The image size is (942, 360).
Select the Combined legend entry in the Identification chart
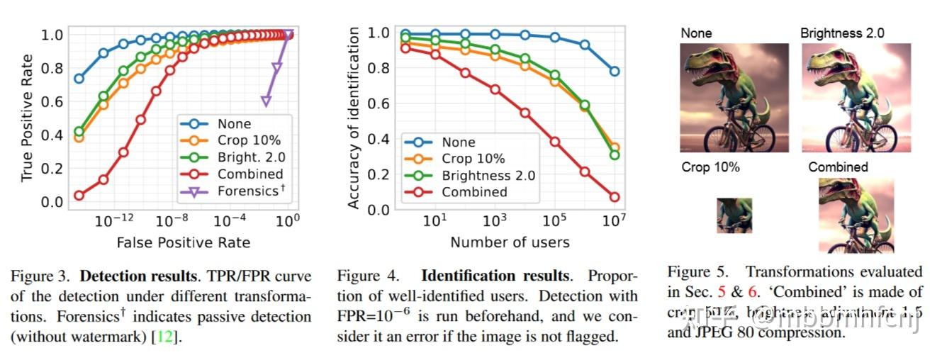[x=474, y=192]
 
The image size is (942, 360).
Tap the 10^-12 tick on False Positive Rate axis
[x=114, y=220]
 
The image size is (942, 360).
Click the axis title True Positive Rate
[x=27, y=118]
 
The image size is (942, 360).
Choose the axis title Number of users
[x=510, y=242]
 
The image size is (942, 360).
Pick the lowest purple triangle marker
[x=266, y=101]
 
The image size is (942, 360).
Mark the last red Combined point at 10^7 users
[x=615, y=197]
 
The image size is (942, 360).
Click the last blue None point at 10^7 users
[x=615, y=71]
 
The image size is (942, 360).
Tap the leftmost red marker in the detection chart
[x=79, y=196]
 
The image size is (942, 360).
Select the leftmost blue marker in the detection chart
[x=79, y=79]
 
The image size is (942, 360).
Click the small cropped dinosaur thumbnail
[x=734, y=215]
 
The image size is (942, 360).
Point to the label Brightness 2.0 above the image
[x=842, y=33]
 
